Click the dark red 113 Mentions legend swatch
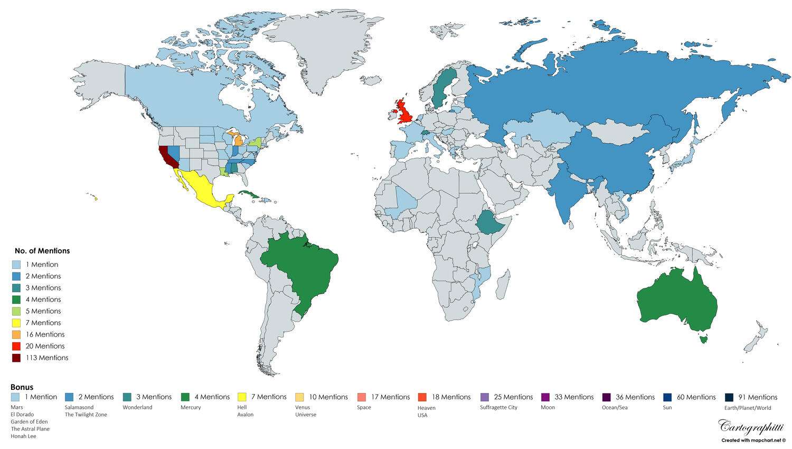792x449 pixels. tap(16, 358)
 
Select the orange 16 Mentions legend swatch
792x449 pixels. tap(16, 334)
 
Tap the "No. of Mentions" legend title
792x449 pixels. tap(42, 251)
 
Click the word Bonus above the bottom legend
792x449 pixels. tap(22, 387)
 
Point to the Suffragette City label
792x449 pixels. tap(498, 407)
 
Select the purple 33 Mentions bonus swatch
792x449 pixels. tap(546, 397)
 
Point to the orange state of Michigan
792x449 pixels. tap(239, 141)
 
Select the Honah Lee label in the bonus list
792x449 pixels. tap(23, 436)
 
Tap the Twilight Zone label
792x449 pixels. tap(86, 415)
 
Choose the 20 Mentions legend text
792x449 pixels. tap(45, 346)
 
